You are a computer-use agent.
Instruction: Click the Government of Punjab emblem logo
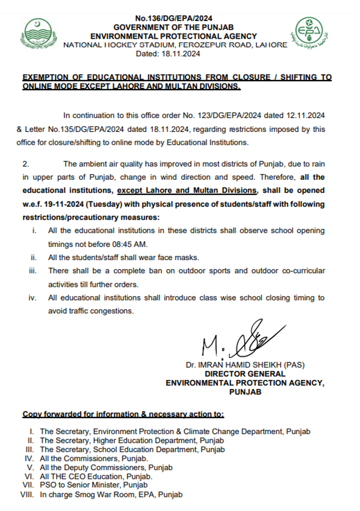click(x=39, y=34)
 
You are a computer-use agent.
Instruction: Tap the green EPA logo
click(x=309, y=33)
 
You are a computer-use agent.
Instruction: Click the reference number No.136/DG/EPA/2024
click(x=173, y=18)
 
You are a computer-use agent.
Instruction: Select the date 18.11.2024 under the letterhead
click(x=180, y=54)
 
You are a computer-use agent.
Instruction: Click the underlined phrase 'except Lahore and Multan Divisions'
click(x=187, y=191)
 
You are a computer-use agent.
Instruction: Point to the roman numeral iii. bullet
click(x=33, y=271)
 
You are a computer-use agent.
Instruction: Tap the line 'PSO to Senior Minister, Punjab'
click(x=93, y=485)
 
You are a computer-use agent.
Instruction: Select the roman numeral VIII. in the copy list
click(x=27, y=494)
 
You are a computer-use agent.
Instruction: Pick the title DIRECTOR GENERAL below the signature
click(x=245, y=374)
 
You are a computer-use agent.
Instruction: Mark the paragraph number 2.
click(x=26, y=164)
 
